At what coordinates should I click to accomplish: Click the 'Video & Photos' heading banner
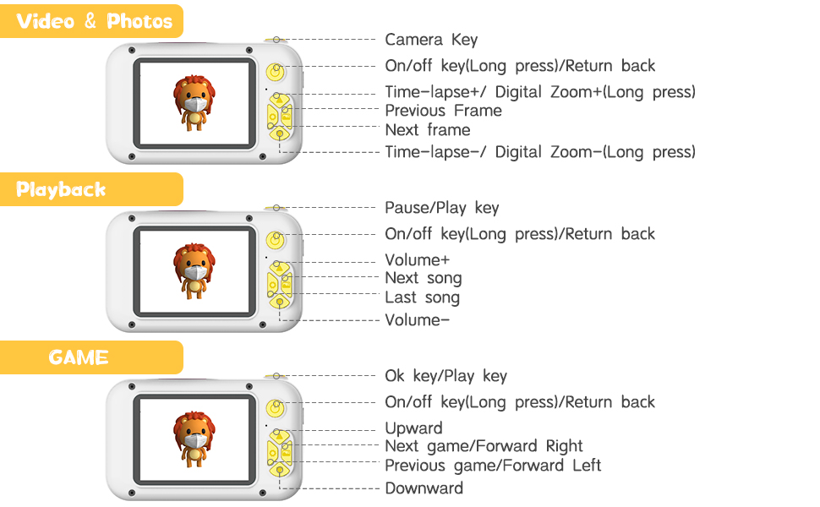point(93,21)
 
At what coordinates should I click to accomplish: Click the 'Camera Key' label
point(431,40)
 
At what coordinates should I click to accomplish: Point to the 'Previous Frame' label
point(443,111)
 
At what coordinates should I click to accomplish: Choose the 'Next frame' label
point(428,130)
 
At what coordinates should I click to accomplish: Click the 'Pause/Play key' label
point(442,208)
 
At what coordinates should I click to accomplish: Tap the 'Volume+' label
point(418,260)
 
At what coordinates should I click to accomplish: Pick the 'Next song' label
point(424,278)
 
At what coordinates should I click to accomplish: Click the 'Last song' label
point(423,297)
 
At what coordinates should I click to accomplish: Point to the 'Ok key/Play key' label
point(446,376)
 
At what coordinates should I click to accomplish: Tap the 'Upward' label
point(413,428)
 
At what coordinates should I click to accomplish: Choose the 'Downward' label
point(424,488)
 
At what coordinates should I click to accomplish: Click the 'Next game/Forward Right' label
point(484,446)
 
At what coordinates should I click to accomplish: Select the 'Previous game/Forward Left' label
point(493,466)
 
